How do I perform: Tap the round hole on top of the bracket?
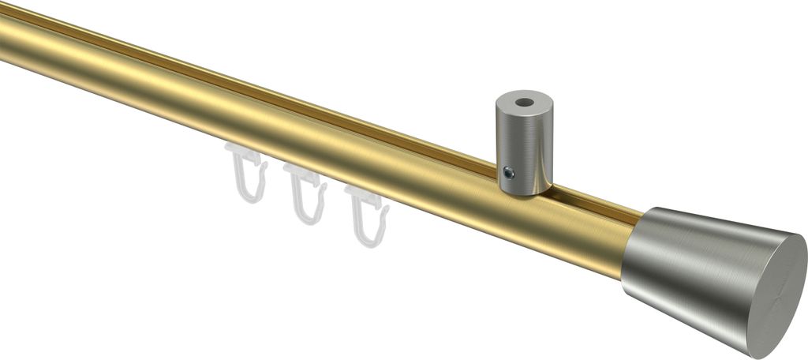tap(523, 103)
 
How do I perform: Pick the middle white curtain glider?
tap(305, 193)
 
